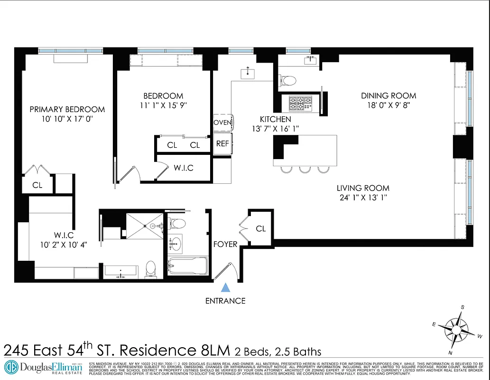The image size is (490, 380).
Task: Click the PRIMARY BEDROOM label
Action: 67,109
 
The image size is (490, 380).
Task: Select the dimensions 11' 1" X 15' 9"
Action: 163,105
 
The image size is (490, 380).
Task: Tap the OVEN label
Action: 222,123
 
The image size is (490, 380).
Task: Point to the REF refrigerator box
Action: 222,143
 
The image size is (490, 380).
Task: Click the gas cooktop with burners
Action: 300,103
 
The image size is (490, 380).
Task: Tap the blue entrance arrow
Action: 226,287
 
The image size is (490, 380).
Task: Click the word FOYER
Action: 225,244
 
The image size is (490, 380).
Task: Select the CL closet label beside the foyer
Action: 261,228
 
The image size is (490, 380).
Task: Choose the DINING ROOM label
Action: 388,96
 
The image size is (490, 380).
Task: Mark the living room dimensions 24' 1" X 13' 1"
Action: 363,198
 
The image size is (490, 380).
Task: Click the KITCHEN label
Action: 275,119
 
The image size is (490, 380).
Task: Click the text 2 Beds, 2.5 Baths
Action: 277,351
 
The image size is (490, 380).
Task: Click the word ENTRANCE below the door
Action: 225,301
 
